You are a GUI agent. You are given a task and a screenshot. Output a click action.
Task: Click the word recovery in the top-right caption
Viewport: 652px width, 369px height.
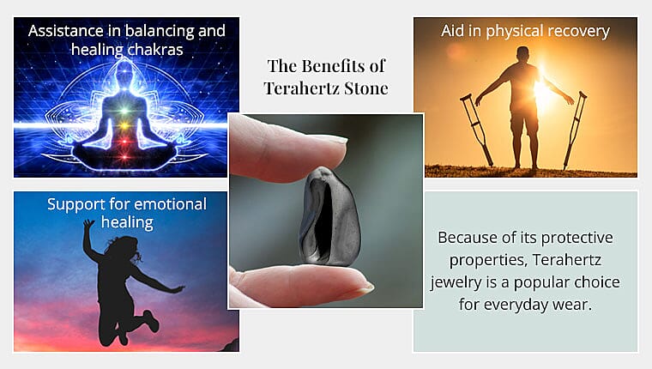[x=577, y=31]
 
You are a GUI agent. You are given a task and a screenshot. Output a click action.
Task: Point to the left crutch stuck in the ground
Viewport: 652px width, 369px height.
[x=476, y=129]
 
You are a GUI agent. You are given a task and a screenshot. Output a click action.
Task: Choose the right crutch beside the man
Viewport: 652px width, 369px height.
[x=576, y=129]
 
